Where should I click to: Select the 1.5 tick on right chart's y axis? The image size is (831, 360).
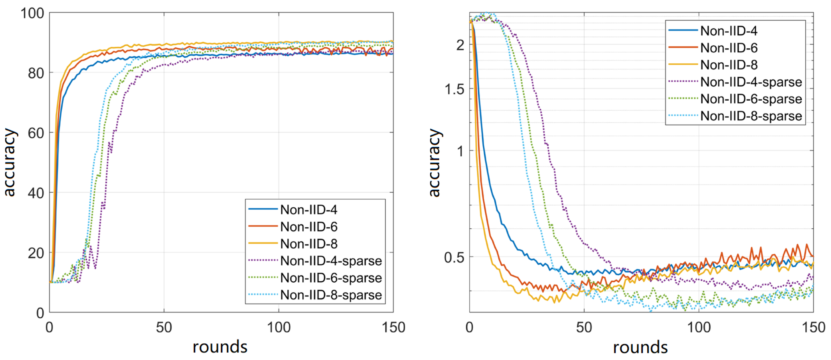454,89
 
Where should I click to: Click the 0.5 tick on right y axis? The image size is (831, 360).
454,257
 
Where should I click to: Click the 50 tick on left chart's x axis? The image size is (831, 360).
164,327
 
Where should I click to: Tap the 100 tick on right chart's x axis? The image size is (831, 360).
699,327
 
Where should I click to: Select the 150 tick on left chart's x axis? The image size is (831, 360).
393,327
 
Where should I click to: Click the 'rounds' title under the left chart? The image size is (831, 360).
220,347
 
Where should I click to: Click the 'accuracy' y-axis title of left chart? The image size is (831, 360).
9,162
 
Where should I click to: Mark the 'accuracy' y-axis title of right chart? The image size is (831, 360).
434,162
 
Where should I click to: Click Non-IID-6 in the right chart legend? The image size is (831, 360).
729,48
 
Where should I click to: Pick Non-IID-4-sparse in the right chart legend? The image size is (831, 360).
751,82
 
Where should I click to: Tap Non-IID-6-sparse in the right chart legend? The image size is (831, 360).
751,99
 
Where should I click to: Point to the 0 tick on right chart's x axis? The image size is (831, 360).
469,327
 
